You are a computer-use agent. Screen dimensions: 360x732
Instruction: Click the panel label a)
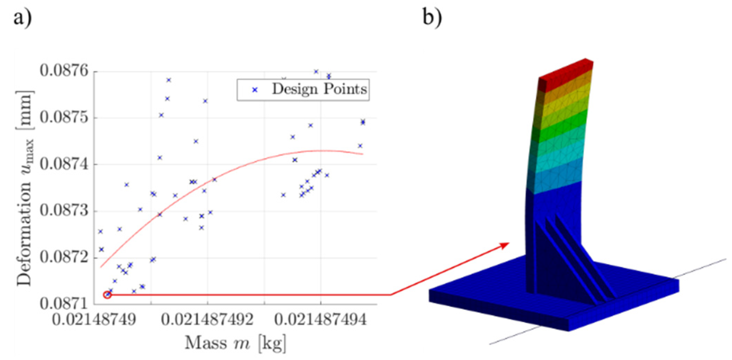(x=22, y=17)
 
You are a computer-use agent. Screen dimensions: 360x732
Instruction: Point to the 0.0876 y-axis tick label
(x=64, y=71)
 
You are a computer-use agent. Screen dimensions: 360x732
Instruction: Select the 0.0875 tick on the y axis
(x=64, y=118)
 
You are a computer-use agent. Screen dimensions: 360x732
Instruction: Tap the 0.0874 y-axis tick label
(x=64, y=164)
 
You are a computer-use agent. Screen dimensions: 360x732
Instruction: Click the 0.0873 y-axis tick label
(x=64, y=211)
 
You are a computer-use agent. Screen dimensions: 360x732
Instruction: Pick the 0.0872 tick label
(x=64, y=258)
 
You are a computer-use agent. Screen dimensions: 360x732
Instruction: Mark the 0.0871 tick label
(x=64, y=304)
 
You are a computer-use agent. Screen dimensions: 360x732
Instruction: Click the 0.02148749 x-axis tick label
(x=94, y=320)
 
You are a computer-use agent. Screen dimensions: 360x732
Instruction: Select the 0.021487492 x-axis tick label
(x=207, y=320)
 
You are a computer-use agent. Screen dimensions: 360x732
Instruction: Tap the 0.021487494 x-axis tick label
(x=321, y=320)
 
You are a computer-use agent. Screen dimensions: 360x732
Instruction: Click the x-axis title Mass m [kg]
(x=235, y=343)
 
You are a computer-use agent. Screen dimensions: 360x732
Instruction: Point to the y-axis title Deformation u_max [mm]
(x=25, y=188)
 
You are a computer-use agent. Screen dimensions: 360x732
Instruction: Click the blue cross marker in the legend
(x=255, y=90)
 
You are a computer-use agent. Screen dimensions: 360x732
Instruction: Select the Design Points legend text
(x=319, y=89)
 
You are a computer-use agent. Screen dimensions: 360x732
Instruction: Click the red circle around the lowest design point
(x=107, y=295)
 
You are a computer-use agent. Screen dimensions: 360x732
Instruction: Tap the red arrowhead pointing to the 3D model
(x=504, y=245)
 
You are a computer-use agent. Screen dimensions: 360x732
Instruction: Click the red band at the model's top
(x=566, y=75)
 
